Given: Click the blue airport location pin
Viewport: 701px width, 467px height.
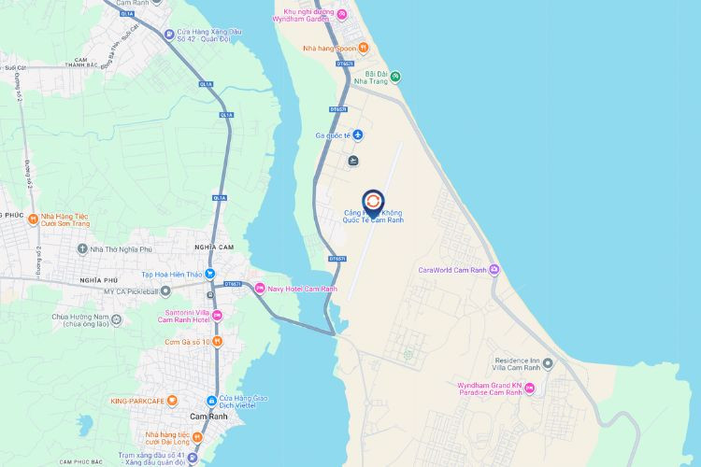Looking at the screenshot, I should (372, 202).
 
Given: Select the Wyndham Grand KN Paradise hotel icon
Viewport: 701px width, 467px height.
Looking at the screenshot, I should (530, 389).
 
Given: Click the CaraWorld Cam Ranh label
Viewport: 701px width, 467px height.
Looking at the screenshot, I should (452, 271).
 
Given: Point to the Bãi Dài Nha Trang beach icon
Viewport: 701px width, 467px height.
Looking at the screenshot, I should (395, 76).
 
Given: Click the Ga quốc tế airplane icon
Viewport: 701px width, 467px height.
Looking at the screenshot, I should (357, 135).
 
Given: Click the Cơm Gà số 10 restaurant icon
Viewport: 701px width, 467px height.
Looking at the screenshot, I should (217, 342).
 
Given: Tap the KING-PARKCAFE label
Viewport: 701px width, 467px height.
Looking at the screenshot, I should (136, 401).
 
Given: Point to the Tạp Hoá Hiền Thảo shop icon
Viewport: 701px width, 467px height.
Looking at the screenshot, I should (210, 275).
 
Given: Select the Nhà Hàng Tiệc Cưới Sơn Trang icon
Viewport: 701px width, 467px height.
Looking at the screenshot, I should (33, 221).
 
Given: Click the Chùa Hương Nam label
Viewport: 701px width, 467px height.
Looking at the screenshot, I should (93, 320).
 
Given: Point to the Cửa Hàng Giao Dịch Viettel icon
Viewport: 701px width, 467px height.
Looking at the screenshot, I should (212, 400).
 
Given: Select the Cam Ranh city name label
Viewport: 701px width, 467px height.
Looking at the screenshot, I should (207, 416).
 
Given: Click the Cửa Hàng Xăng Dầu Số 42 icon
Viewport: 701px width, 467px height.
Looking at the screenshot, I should (169, 35).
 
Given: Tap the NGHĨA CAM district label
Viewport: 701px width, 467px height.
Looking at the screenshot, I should (214, 247).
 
